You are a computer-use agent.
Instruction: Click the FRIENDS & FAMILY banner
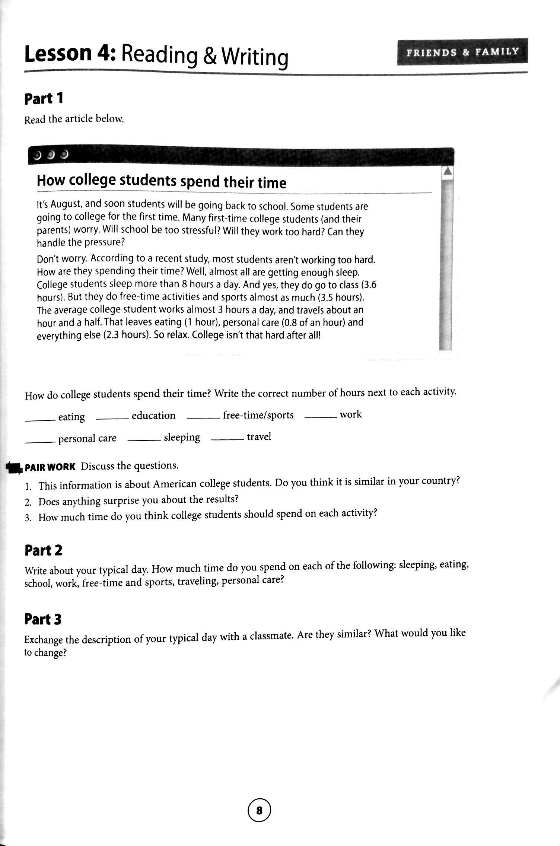point(462,52)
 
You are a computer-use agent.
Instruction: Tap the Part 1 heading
point(44,99)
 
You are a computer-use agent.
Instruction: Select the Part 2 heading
point(43,550)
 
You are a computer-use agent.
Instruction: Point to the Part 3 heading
point(43,619)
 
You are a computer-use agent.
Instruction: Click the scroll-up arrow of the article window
point(447,172)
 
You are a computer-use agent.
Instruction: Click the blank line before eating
point(40,420)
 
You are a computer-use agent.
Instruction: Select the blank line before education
point(112,419)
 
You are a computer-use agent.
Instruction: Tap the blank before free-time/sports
point(203,418)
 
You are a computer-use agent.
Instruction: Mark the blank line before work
point(321,417)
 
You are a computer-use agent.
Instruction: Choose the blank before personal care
point(40,442)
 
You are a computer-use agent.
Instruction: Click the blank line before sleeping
point(144,441)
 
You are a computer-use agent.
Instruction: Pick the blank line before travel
point(227,440)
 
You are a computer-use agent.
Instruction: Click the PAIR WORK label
point(50,467)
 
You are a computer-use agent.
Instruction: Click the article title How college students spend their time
point(161,181)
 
